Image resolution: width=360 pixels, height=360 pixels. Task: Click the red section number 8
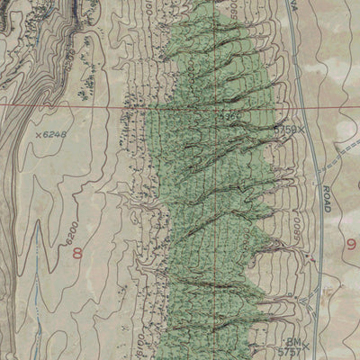pyautogui.click(x=77, y=253)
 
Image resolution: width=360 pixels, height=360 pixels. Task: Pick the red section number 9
pyautogui.click(x=350, y=243)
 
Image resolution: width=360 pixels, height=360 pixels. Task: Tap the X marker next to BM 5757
pyautogui.click(x=306, y=345)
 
